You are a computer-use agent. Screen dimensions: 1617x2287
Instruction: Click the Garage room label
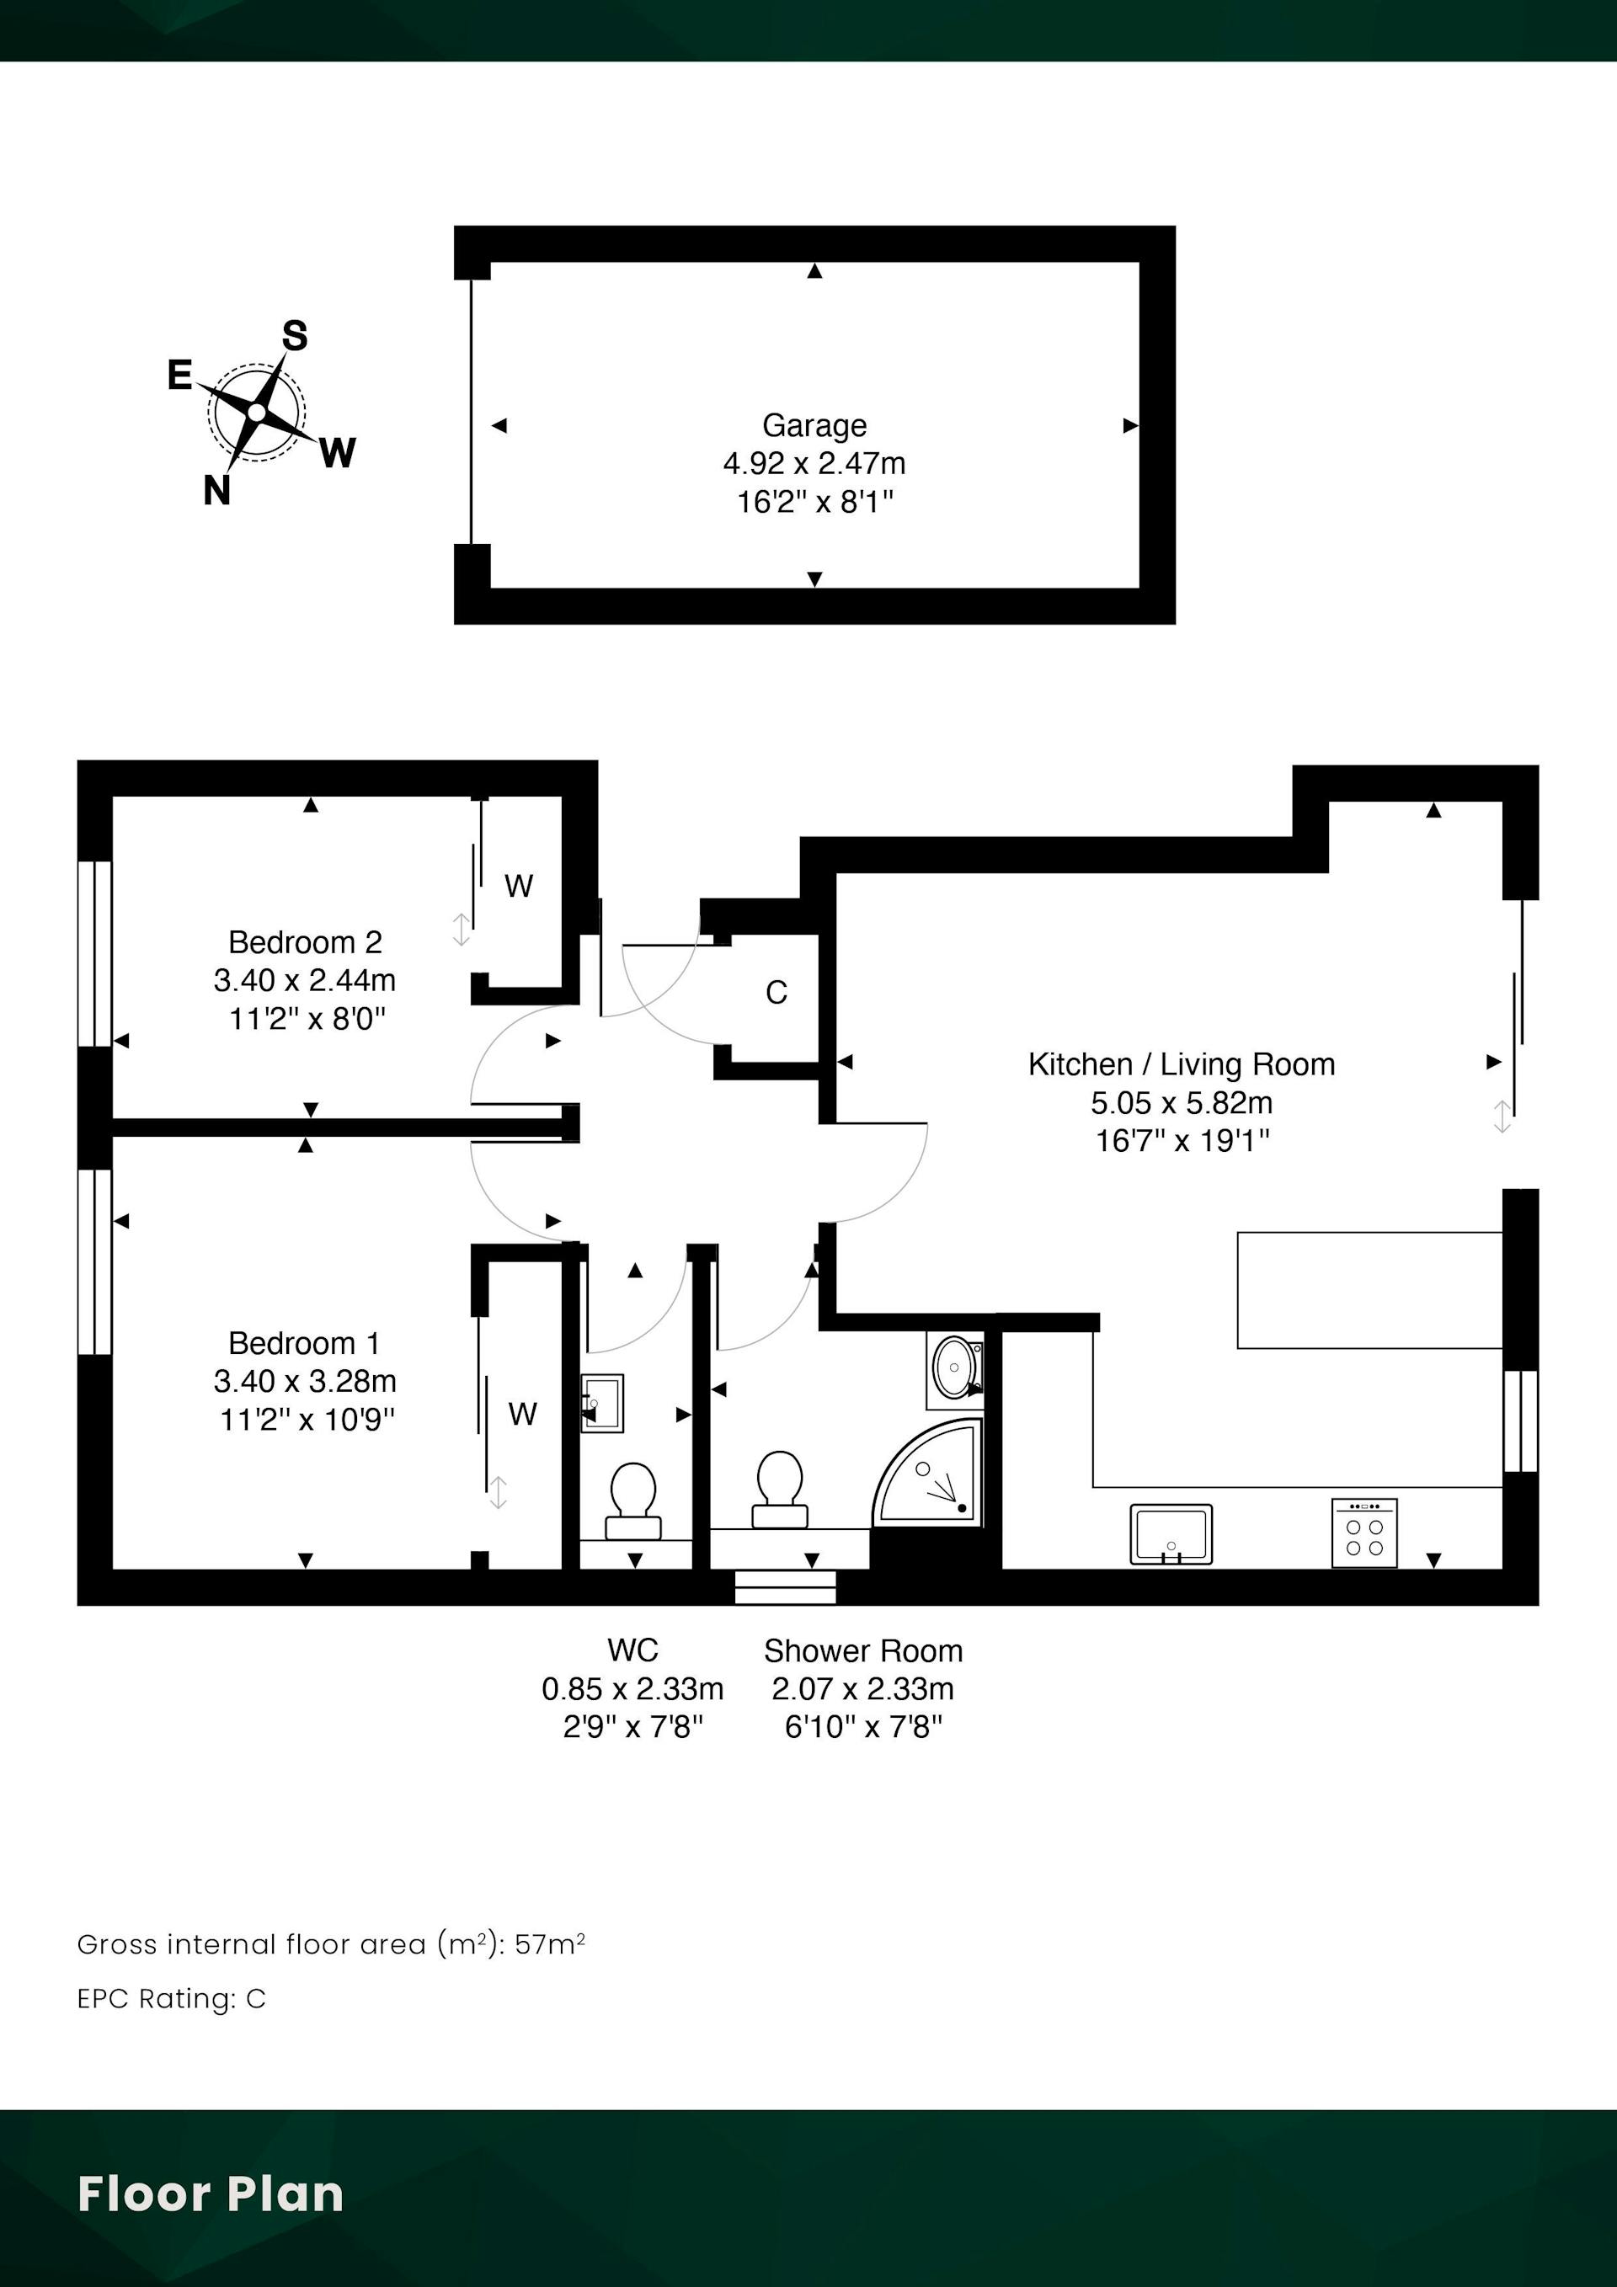pos(814,425)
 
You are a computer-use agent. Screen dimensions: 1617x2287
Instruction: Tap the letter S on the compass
pos(294,336)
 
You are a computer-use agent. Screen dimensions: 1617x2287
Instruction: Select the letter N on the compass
pos(217,490)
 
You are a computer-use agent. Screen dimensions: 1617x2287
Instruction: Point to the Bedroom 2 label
pos(305,941)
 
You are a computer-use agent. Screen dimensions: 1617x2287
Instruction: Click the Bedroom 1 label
pos(304,1343)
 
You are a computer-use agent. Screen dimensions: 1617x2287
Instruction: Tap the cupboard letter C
pos(776,992)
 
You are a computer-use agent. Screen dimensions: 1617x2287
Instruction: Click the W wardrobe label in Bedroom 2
pos(518,886)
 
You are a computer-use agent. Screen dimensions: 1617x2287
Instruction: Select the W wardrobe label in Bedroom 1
pos(523,1414)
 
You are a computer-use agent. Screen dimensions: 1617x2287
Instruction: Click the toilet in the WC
pos(632,1500)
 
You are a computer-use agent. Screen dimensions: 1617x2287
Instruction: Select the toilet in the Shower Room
pos(780,1489)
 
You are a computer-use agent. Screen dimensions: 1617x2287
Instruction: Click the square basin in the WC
pos(602,1404)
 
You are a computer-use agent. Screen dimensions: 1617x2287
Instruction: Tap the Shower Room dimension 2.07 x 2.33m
pos(862,1688)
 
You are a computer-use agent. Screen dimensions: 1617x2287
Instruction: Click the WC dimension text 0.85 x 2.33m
pos(632,1688)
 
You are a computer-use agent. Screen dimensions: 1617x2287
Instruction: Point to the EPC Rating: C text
pos(171,1999)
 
